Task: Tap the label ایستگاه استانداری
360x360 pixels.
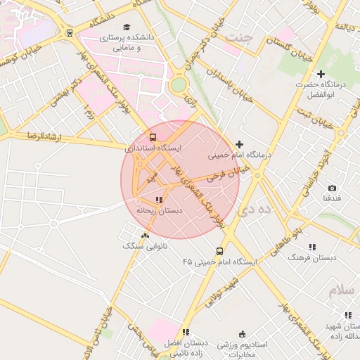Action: point(153,148)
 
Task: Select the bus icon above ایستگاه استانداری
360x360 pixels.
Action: point(153,137)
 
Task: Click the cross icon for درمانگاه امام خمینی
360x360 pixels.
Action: point(239,143)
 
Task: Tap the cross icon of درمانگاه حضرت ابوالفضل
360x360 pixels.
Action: point(321,74)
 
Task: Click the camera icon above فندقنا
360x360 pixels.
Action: point(332,188)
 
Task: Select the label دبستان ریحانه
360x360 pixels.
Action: point(159,210)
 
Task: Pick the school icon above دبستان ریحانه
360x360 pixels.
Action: point(159,200)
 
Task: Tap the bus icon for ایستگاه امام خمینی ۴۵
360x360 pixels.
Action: point(220,251)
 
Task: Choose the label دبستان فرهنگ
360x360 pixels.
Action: point(312,257)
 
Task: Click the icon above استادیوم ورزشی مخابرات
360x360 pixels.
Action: point(243,333)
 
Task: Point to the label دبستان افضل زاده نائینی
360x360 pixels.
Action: point(186,347)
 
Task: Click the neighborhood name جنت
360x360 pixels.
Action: point(244,39)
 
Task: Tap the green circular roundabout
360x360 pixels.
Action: point(179,85)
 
